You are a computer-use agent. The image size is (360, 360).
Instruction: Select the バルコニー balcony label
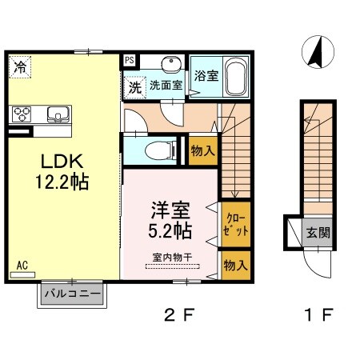[x=73, y=294]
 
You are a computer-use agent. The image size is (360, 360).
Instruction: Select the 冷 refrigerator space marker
[x=18, y=67]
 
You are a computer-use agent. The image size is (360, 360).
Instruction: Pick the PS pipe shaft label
[x=129, y=58]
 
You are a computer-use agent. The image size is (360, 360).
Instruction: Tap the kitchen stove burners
[x=22, y=113]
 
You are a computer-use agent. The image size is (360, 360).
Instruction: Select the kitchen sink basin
[x=58, y=113]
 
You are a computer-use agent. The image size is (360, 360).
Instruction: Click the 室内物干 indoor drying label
[x=170, y=258]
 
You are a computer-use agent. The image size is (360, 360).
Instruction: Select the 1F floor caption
[x=315, y=314]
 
